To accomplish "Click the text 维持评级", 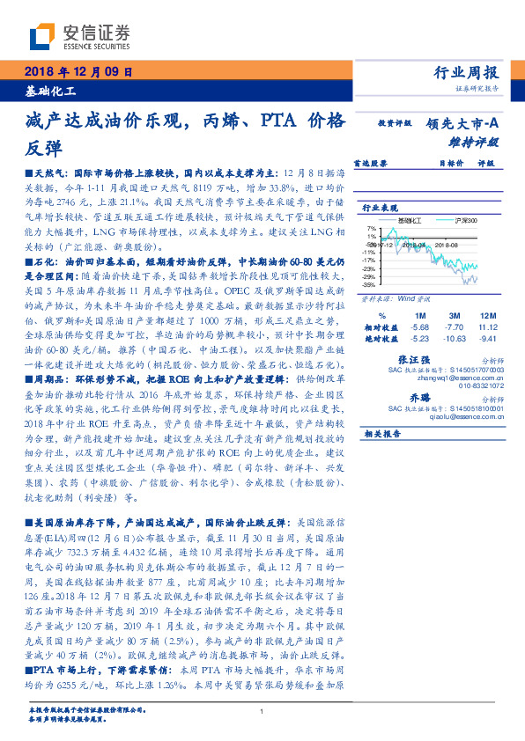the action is (479, 141).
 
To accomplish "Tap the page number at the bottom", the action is (262, 711).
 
